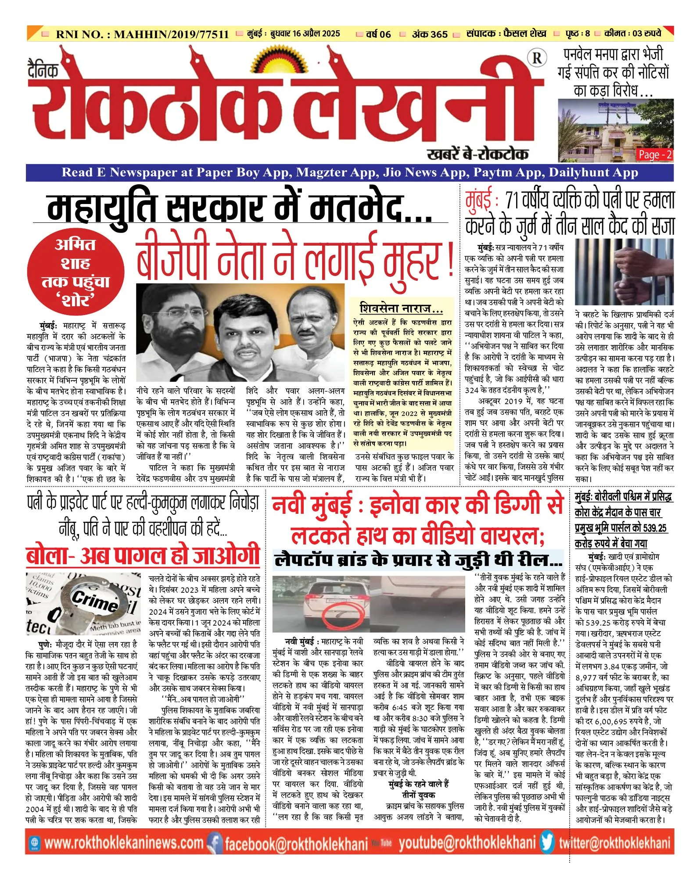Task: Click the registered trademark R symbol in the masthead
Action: [x=537, y=57]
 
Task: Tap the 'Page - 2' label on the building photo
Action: [x=655, y=154]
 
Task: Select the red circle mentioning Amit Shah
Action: [x=75, y=272]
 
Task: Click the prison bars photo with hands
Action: [x=624, y=272]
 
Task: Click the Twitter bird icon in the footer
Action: [x=547, y=842]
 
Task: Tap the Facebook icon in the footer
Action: [x=215, y=843]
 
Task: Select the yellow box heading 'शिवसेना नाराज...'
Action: [x=401, y=308]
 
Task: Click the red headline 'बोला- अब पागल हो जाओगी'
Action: [x=143, y=555]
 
